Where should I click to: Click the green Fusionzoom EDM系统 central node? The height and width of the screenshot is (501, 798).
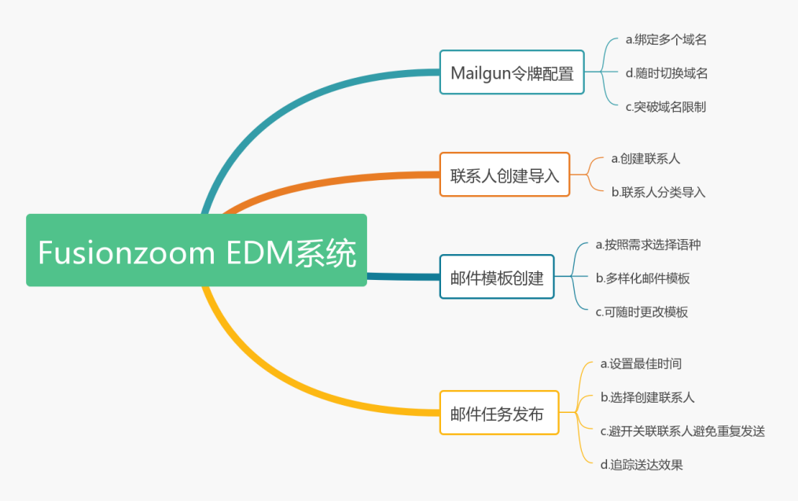(197, 250)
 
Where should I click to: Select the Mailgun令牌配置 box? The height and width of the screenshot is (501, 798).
(512, 72)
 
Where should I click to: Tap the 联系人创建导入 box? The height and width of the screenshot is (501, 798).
(505, 175)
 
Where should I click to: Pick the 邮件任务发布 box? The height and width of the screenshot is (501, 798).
(499, 413)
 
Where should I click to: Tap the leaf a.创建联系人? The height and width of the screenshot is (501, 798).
(645, 158)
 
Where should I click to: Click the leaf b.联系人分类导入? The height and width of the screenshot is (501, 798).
(659, 191)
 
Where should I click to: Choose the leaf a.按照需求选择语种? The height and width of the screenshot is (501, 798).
(648, 245)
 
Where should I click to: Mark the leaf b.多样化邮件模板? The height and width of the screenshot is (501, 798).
(642, 278)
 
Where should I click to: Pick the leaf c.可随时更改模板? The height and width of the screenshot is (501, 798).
(642, 311)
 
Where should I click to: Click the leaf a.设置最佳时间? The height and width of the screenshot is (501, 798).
(641, 363)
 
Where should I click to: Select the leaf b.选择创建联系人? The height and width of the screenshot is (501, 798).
(647, 397)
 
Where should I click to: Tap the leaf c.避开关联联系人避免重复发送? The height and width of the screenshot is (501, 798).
(682, 431)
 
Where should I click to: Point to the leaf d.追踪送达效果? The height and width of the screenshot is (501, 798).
(642, 465)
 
